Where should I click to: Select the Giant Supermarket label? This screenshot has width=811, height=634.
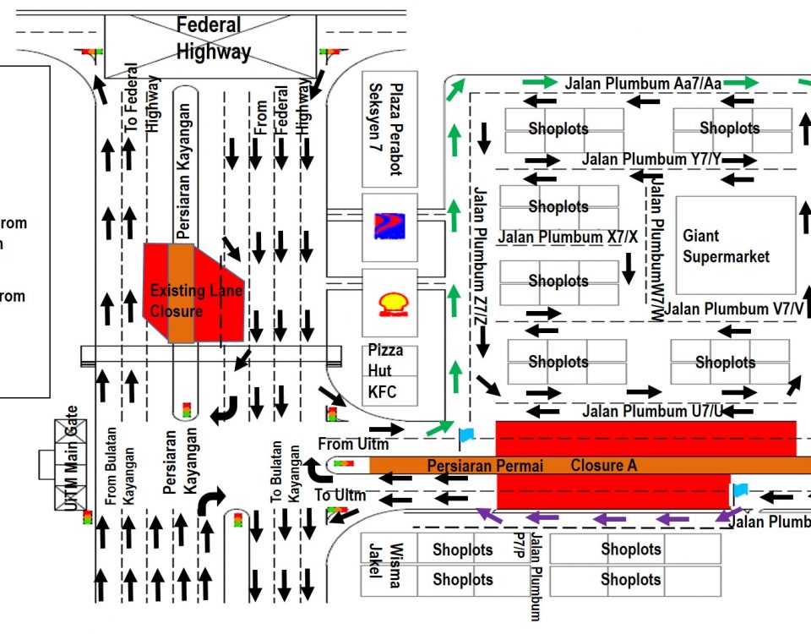coord(727,246)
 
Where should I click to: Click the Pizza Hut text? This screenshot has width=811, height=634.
coord(385,359)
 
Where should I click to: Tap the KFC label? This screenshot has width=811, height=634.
coord(382,392)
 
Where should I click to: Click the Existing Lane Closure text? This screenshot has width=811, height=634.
coord(195,300)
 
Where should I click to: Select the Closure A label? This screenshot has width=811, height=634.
coord(604,465)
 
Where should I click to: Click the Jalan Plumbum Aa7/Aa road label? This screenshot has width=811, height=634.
coord(644,83)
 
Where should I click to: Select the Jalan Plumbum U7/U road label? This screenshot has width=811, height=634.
coord(653,412)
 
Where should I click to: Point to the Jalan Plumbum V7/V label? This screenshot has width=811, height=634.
coord(733,309)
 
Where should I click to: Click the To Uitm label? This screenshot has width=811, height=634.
coord(340,495)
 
